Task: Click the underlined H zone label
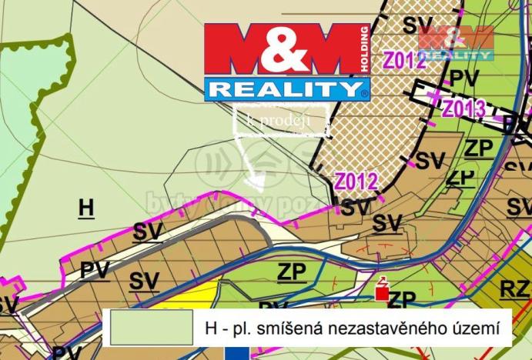(x=86, y=208)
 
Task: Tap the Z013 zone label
(x=463, y=108)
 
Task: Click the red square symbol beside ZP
(x=380, y=292)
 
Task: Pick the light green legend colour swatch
(x=151, y=326)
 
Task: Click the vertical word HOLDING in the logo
(x=364, y=49)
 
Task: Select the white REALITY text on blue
(x=283, y=88)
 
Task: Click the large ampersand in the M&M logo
(x=284, y=49)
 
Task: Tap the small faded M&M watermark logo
(x=456, y=42)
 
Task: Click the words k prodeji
(x=277, y=120)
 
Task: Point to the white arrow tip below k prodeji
(x=259, y=184)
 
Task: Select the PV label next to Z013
(x=464, y=78)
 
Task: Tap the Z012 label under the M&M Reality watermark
(x=404, y=62)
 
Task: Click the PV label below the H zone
(x=95, y=270)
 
